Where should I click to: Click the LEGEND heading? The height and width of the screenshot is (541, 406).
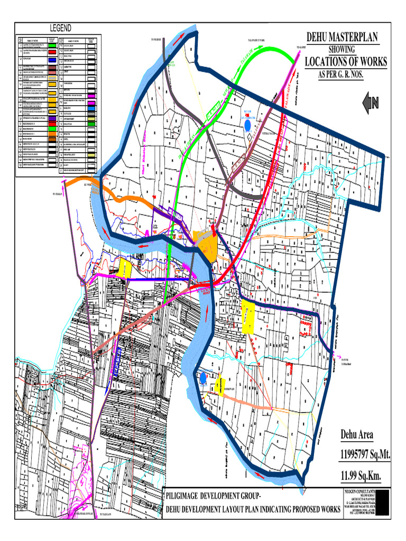click(x=61, y=28)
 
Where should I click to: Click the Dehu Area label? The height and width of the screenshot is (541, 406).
click(x=357, y=435)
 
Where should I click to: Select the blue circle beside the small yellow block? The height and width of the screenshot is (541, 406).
click(x=204, y=378)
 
